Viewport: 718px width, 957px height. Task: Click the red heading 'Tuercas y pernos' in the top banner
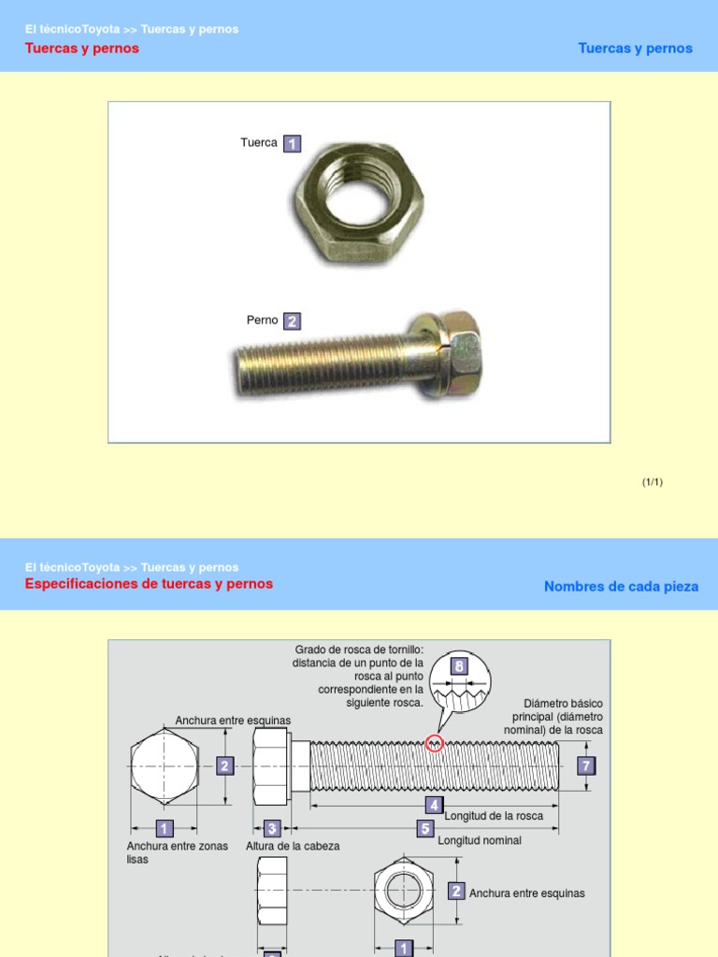pos(81,49)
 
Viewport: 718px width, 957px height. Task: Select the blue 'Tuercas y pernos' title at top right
pos(635,49)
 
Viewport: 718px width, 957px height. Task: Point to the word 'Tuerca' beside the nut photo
pos(259,143)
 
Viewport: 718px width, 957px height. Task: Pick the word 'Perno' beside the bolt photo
pos(263,321)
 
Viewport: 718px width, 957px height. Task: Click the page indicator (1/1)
pos(652,482)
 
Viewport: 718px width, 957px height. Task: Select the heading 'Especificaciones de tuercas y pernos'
pos(149,584)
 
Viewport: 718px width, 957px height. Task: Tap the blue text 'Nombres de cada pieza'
pos(621,587)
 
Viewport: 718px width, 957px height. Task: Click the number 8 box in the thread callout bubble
pos(458,666)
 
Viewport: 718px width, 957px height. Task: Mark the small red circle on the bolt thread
pos(434,743)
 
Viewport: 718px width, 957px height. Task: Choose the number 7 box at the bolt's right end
pos(586,766)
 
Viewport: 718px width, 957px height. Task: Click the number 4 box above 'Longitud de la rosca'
pos(434,805)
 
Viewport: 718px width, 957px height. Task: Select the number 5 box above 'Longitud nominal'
pos(425,829)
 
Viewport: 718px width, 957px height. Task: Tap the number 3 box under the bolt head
pos(272,828)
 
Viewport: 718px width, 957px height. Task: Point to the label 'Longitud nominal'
pos(480,840)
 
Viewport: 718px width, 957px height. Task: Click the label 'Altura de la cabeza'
pos(293,846)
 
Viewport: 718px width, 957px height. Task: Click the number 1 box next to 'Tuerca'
pos(292,144)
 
